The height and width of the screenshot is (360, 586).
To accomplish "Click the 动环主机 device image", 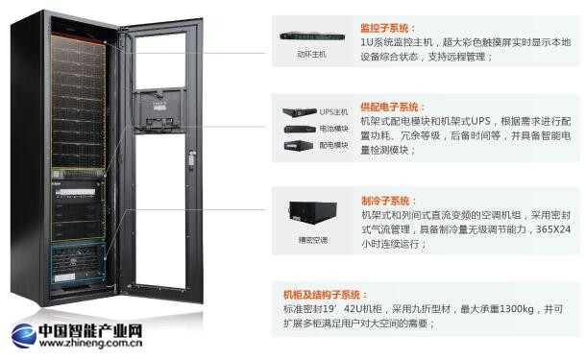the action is (x=312, y=37).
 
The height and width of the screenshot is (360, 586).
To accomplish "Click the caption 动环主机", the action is (x=311, y=55).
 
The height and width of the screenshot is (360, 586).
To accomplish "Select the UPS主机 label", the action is (x=333, y=112).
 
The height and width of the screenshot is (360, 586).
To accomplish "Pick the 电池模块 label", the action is (x=333, y=129).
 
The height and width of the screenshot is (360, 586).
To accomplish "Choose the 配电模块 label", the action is (x=333, y=145).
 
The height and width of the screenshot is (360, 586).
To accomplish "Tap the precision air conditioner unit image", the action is (x=313, y=212).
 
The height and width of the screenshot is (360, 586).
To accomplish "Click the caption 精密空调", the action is (x=313, y=240).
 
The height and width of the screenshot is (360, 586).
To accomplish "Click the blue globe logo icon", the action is (x=24, y=336).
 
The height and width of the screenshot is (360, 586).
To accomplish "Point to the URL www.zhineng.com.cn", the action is (x=91, y=343).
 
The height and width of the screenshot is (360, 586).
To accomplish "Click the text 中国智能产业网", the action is (x=91, y=330).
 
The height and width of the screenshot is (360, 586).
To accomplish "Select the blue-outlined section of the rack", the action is (x=78, y=263).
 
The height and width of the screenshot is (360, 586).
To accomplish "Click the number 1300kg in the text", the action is (x=517, y=309).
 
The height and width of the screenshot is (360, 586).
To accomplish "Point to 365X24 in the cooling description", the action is (x=553, y=228).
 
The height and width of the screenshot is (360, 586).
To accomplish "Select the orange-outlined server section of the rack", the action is (x=78, y=101).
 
